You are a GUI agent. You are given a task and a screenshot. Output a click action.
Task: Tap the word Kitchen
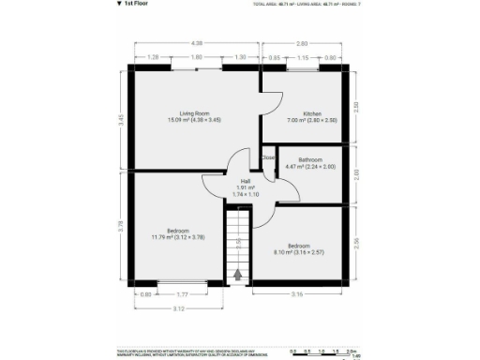(x=299, y=113)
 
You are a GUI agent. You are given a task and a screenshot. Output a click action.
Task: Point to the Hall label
(x=246, y=180)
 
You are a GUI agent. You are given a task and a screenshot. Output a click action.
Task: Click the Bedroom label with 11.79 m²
(x=178, y=231)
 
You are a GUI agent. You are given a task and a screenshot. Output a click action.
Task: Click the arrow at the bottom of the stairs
(x=238, y=275)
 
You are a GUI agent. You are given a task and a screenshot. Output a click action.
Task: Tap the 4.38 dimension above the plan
(x=197, y=43)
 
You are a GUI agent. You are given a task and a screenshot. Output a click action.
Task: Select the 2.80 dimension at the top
(x=302, y=43)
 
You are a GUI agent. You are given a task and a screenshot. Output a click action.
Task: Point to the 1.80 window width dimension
(x=197, y=57)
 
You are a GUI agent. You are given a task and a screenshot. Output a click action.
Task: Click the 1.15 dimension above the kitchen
(x=302, y=57)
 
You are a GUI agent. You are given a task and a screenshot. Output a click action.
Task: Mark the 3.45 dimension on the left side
(x=121, y=119)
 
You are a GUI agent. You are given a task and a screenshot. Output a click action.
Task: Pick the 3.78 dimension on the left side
(x=121, y=225)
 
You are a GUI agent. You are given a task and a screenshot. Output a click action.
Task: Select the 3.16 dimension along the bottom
(x=297, y=294)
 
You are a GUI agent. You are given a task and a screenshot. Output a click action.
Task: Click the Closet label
(x=268, y=157)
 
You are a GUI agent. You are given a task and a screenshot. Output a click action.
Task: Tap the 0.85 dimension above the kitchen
(x=274, y=57)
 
